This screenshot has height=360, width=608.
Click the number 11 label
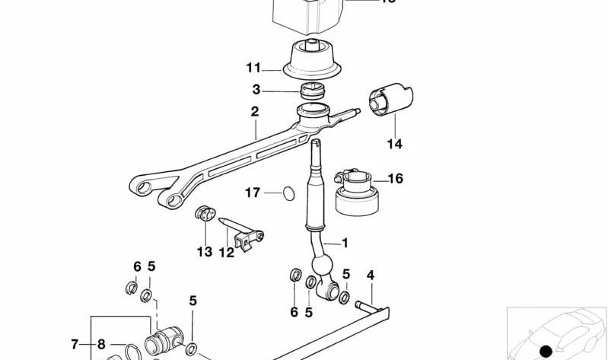coord(253,67)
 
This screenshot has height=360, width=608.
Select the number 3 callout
coord(256,89)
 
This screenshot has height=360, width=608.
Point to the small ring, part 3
coord(314,93)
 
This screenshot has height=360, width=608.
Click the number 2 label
coord(255,111)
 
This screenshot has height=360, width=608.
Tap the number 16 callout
coord(395,179)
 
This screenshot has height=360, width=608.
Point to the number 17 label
coord(253,193)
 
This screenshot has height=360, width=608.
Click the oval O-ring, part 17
coord(287,193)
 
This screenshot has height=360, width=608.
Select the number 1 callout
coord(344,244)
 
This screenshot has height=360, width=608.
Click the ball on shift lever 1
coord(323,266)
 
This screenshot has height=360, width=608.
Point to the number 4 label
coord(371,275)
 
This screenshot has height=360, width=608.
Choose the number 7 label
coord(75,344)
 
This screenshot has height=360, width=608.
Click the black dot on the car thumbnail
coord(545,351)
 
